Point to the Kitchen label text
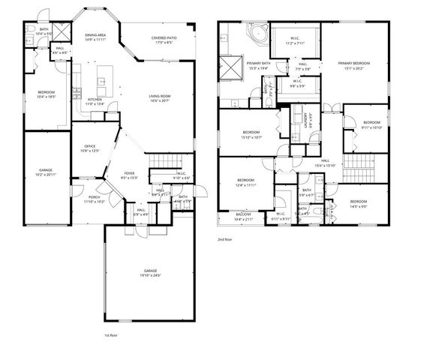(95, 101)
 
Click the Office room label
(89, 148)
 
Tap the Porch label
(94, 199)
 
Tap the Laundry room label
(311, 121)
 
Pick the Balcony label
(243, 216)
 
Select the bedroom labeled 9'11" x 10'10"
(371, 125)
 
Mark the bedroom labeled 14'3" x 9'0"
(357, 202)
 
